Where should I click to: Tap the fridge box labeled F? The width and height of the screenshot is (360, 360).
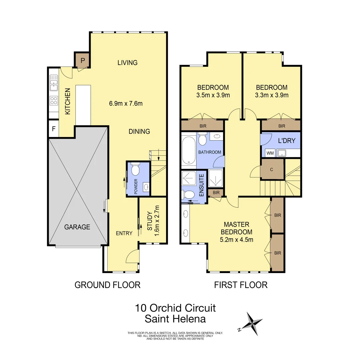coord(53,129)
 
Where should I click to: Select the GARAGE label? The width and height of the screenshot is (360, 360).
coord(77,227)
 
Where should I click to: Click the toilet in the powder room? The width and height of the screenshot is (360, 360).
coord(135,170)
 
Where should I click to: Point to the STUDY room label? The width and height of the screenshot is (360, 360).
coord(149,221)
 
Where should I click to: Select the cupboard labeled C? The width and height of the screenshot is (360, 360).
coord(272,169)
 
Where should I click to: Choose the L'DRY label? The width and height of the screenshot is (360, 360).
coord(287,141)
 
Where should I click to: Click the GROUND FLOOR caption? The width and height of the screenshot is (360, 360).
coord(107,285)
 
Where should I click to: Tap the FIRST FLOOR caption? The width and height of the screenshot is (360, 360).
coord(241,285)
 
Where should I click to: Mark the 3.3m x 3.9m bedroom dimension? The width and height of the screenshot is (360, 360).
coord(271,95)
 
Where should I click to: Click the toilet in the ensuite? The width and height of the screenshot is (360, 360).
coord(189,195)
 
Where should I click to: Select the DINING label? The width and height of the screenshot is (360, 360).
coord(139,131)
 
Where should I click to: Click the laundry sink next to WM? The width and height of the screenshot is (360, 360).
coord(282,153)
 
